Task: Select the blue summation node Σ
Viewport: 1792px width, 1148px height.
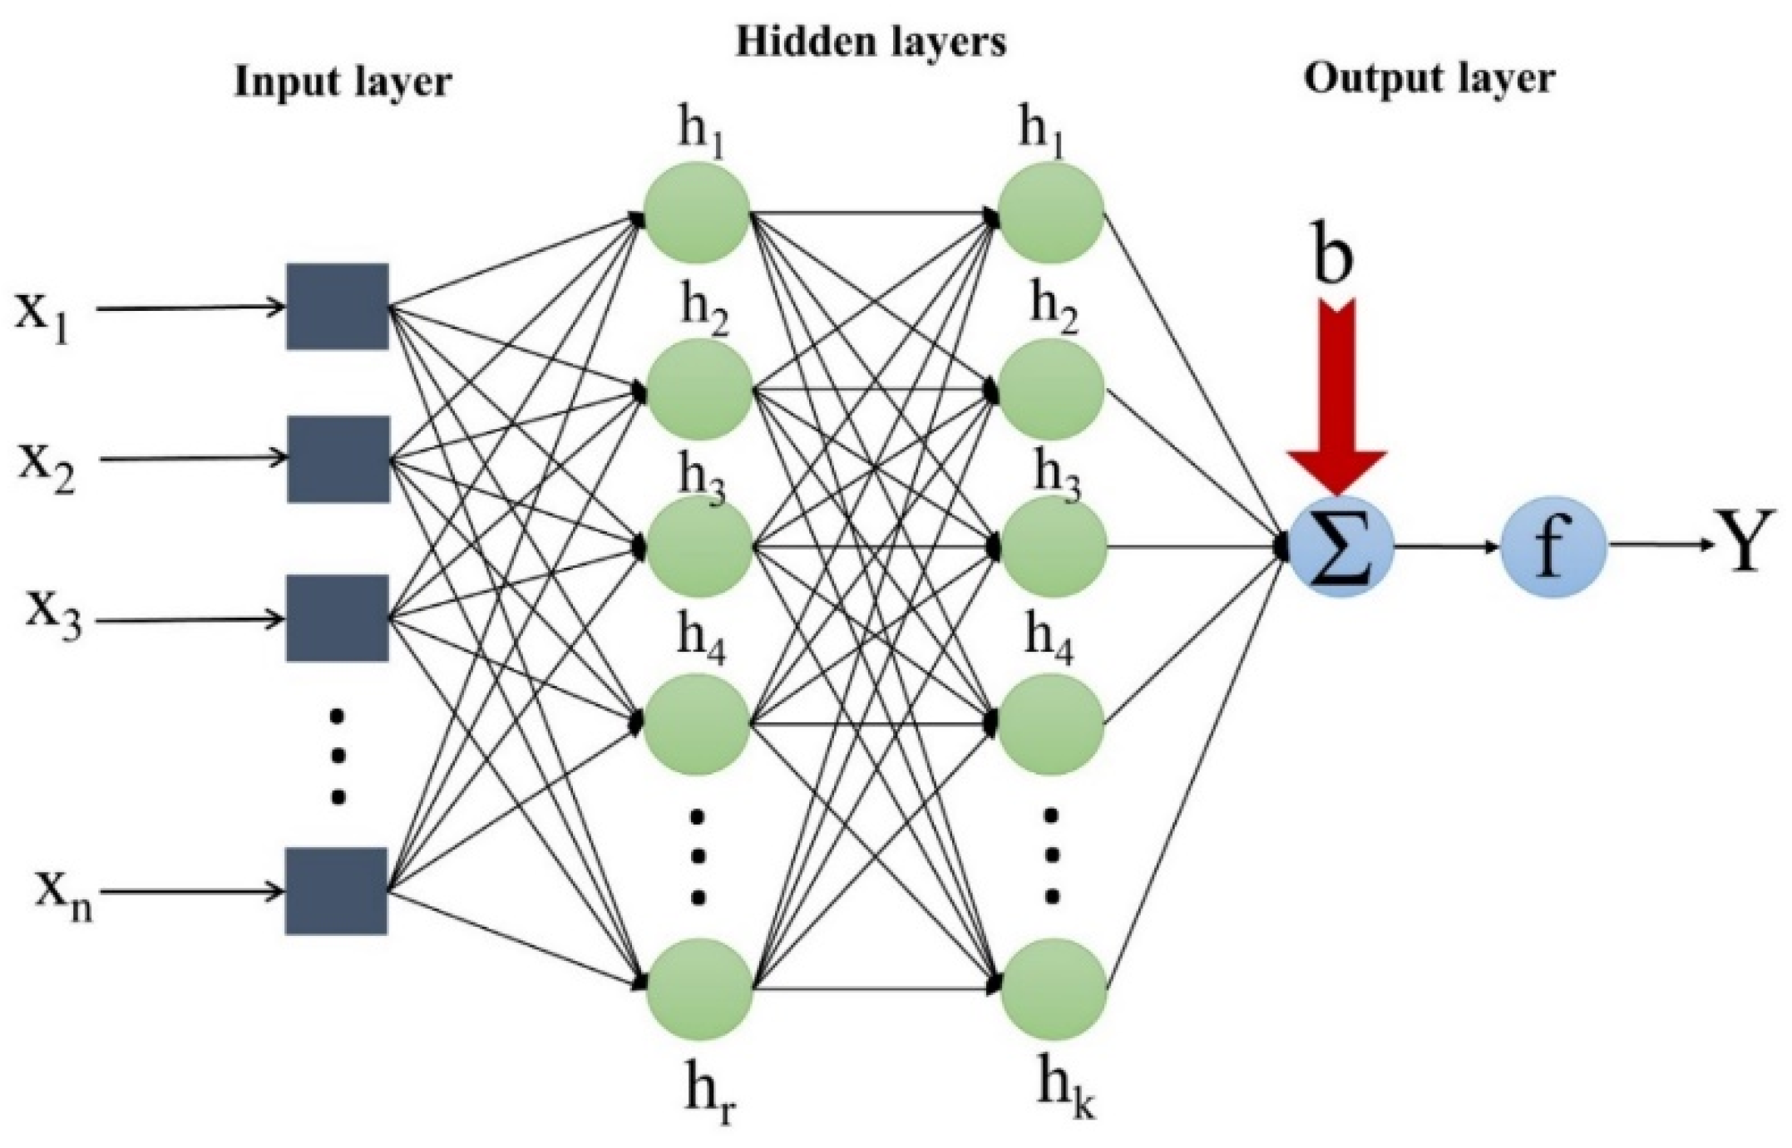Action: (x=1340, y=547)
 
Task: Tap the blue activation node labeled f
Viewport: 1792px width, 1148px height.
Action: (x=1553, y=547)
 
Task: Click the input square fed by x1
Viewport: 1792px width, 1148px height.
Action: (x=338, y=307)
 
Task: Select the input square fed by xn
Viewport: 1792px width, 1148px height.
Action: (x=336, y=891)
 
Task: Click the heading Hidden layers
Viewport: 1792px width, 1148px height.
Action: (x=871, y=42)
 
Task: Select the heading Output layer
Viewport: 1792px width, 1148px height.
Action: (x=1429, y=80)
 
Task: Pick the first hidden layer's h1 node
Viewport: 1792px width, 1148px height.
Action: (x=698, y=213)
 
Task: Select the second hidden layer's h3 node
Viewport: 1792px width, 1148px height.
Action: (x=1052, y=547)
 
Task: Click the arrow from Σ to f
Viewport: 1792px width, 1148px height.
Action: (x=1447, y=547)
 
